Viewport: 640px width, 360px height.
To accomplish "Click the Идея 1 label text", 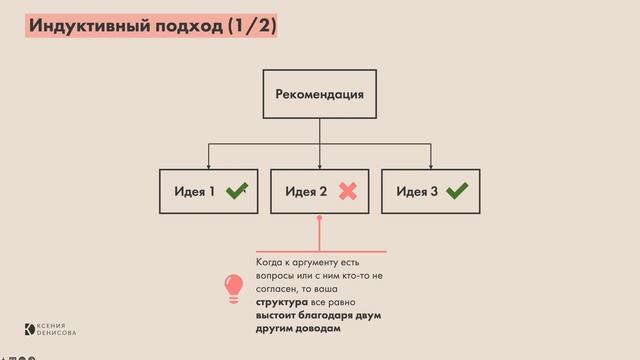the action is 195,191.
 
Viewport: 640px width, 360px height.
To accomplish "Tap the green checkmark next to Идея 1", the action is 236,191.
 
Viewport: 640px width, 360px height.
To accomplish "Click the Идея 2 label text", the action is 306,191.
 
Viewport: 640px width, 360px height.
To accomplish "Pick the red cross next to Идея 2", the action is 348,191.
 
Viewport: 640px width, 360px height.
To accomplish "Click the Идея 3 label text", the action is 417,191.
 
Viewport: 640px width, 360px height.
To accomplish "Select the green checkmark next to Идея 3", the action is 457,191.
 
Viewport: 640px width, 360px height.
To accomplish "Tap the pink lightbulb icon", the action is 233,287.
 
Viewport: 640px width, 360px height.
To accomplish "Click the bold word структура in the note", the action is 281,301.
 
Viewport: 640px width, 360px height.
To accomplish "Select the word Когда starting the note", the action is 271,262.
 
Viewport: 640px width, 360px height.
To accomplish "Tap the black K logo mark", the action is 30,329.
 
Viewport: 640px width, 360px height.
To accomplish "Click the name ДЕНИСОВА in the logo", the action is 57,333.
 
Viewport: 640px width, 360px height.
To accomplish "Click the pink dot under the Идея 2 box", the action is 320,231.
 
